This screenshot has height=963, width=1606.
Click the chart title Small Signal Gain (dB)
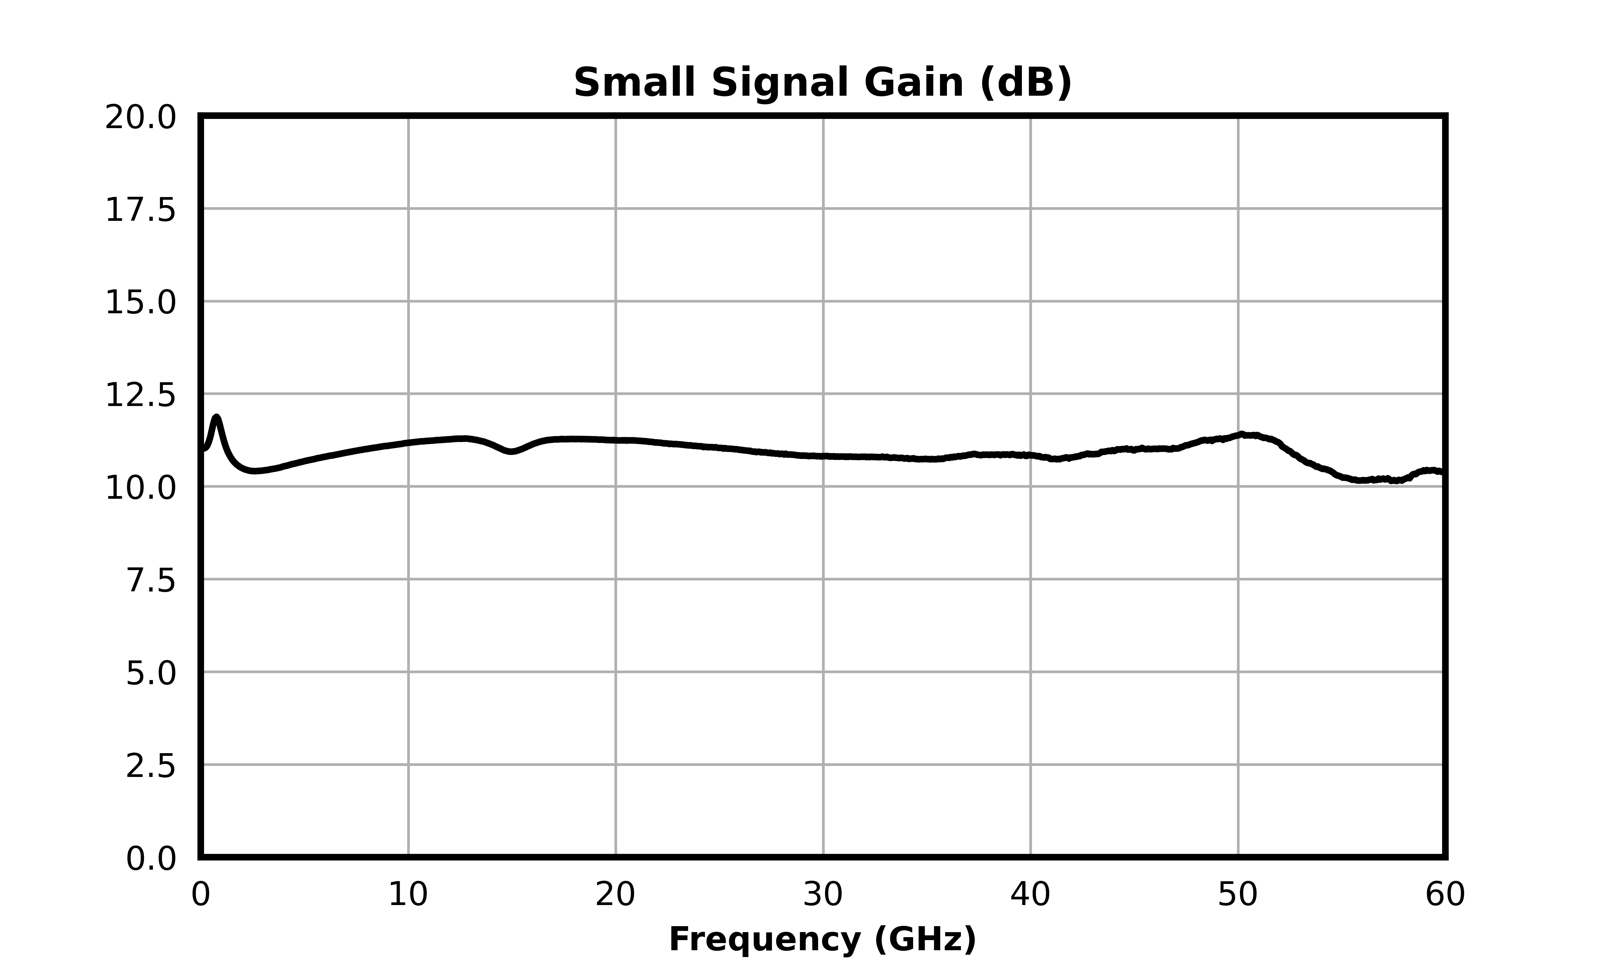pyautogui.click(x=822, y=83)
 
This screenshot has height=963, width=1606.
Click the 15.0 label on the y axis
pyautogui.click(x=140, y=303)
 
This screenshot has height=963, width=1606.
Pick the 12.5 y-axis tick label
pyautogui.click(x=140, y=396)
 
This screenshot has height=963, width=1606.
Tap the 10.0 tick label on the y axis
pyautogui.click(x=140, y=489)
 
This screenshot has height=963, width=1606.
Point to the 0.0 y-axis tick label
pyautogui.click(x=150, y=859)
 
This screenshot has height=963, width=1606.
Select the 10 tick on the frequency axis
pyautogui.click(x=408, y=895)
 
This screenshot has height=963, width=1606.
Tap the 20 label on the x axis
pyautogui.click(x=615, y=895)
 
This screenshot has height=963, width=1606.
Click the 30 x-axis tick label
pyautogui.click(x=822, y=895)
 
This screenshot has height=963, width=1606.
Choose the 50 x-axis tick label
pyautogui.click(x=1237, y=895)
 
